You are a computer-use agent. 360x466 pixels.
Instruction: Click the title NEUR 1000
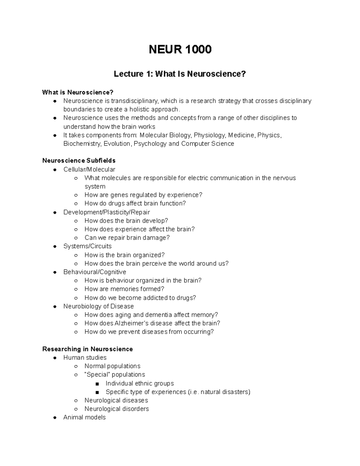180,49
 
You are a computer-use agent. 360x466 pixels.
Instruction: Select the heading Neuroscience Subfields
79,161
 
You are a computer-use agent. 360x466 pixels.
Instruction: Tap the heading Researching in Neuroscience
87,349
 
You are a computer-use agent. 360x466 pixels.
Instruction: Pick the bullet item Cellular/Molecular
89,170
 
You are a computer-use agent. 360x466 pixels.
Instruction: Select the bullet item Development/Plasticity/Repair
106,212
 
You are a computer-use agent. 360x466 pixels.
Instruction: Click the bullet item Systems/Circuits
87,246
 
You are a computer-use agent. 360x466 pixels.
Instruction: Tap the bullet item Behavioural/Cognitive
94,272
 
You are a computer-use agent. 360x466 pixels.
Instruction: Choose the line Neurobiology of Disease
98,306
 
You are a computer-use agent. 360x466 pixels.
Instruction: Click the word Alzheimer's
131,323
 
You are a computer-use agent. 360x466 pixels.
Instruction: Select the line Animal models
84,417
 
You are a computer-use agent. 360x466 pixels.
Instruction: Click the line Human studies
85,358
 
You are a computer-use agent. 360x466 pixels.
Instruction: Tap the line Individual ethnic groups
139,383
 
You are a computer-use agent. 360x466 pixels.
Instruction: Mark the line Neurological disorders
116,409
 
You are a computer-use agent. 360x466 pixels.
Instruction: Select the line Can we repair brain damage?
127,238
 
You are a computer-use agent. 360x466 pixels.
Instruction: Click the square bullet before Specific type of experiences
97,392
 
